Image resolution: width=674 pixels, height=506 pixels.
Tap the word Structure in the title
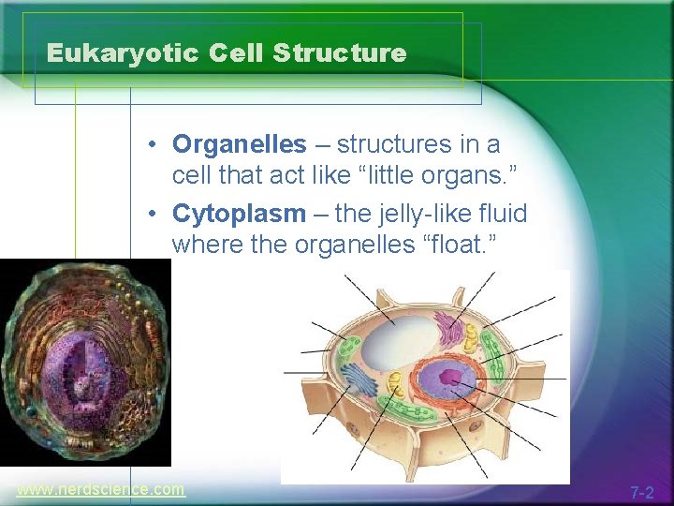point(340,53)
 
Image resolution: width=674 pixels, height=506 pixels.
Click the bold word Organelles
point(240,144)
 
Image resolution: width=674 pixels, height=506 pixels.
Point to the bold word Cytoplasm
point(239,214)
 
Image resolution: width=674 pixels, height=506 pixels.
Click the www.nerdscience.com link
point(100,489)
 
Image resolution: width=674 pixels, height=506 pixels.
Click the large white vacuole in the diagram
point(397,342)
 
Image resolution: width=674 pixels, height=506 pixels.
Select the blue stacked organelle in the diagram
point(360,379)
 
